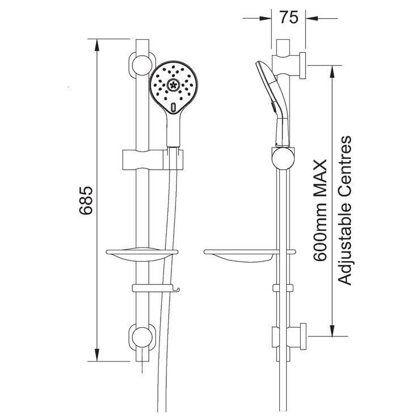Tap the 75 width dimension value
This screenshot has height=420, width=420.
(x=289, y=18)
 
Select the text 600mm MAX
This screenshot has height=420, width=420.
(x=321, y=211)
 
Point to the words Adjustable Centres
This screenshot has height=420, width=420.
(x=345, y=210)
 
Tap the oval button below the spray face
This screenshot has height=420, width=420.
(x=173, y=106)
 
